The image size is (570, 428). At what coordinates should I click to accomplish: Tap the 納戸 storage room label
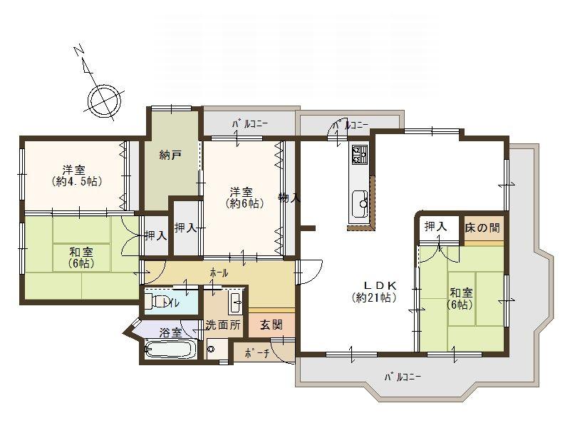(x=169, y=155)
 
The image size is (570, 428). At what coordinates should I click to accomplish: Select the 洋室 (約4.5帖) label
(x=77, y=175)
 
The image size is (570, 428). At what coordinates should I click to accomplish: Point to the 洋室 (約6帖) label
(x=242, y=198)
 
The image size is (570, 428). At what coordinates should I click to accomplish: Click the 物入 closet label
(x=289, y=198)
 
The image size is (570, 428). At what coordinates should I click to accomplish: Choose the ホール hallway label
(x=219, y=272)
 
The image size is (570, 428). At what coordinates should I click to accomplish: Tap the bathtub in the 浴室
(x=170, y=350)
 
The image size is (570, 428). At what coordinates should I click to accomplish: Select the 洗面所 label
(x=222, y=324)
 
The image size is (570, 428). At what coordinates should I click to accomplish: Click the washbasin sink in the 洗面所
(x=236, y=303)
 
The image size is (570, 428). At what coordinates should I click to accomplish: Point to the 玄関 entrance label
(x=271, y=324)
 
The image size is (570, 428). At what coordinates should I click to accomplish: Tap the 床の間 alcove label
(x=482, y=228)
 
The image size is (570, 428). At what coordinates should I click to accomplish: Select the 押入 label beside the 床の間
(x=435, y=227)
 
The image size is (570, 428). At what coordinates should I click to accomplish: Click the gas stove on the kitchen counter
(x=358, y=154)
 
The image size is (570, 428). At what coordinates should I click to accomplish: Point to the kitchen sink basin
(x=358, y=200)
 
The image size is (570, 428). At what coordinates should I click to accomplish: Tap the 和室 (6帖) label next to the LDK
(x=461, y=298)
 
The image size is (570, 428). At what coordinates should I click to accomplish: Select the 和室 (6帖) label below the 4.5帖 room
(x=80, y=257)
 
